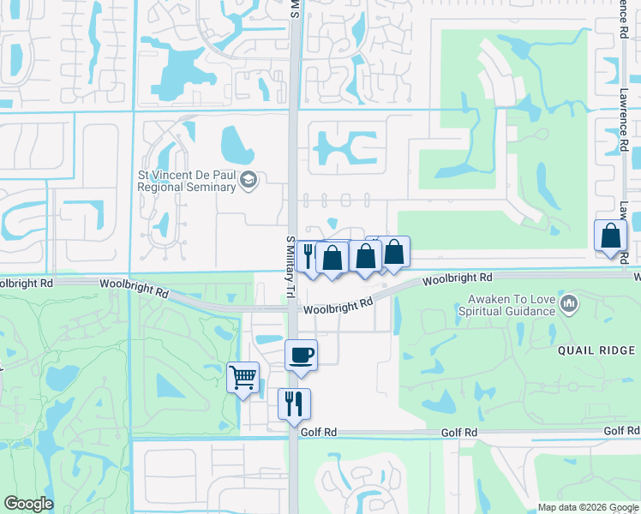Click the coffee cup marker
coord(301,355)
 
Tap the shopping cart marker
coord(243,377)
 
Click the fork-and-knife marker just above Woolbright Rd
coord(309,254)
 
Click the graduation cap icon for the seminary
coord(249,180)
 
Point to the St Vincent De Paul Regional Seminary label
coord(187,180)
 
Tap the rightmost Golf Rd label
coord(620,431)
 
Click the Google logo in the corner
coord(28,504)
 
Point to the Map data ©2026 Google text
coord(587,506)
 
